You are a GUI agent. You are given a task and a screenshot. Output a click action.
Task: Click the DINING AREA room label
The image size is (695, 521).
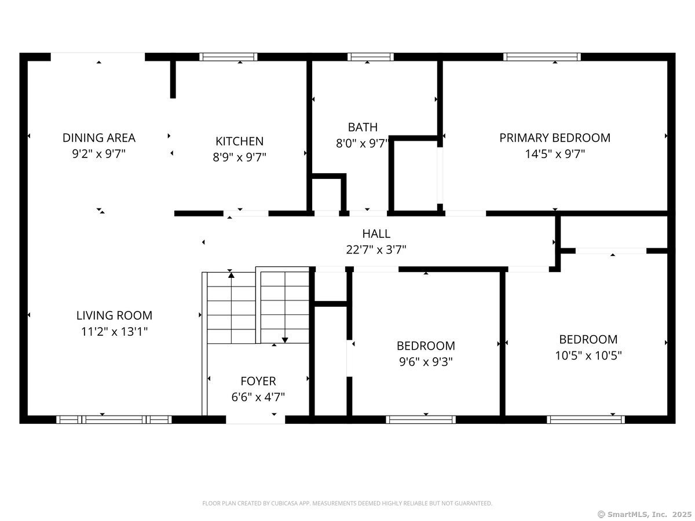coord(99,138)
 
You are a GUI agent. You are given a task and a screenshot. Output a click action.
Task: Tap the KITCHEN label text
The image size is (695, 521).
coord(239,141)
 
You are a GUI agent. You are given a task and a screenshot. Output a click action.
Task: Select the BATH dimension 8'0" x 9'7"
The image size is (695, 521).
coord(362,144)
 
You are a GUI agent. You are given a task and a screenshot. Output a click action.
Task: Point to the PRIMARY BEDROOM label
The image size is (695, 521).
coord(555,138)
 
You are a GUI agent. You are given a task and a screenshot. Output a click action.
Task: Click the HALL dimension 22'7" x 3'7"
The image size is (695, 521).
coord(376,250)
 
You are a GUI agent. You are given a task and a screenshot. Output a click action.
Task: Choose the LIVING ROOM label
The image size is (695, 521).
coord(114,315)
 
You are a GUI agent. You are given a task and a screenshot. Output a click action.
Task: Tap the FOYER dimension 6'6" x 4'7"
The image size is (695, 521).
coord(258,397)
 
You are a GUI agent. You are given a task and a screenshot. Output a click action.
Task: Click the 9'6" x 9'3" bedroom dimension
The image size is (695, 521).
coord(426,362)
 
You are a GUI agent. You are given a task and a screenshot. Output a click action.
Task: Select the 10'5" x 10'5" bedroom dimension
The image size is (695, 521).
coord(588,355)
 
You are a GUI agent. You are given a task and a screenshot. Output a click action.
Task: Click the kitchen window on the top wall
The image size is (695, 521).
coord(228,57)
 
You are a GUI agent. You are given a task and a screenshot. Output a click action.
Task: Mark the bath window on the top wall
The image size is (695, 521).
coord(371,57)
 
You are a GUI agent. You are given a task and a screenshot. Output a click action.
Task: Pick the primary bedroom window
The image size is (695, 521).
coord(542,57)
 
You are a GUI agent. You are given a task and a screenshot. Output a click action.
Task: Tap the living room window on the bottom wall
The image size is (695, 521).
coord(114,420)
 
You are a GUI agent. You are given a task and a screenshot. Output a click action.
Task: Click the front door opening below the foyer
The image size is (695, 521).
coord(255,420)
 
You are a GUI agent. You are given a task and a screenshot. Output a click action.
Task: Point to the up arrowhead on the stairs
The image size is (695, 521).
coord(232,275)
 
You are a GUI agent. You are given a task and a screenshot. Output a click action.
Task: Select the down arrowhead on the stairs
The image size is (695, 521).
coord(285,340)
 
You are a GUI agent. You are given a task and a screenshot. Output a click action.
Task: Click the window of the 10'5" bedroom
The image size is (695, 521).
coord(586,420)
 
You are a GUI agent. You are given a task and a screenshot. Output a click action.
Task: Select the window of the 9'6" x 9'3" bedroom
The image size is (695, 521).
coord(421,420)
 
